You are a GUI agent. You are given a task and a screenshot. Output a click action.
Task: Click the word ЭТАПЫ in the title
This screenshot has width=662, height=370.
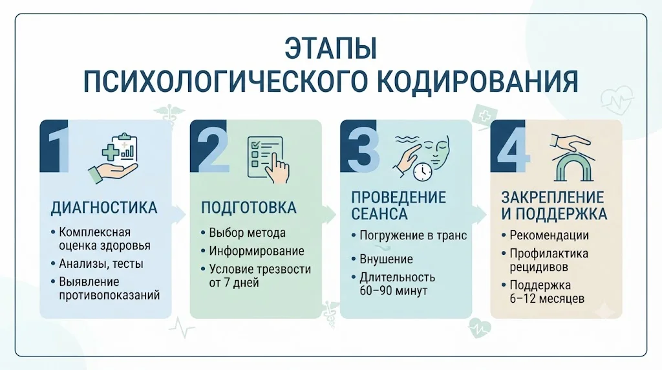tap(330, 49)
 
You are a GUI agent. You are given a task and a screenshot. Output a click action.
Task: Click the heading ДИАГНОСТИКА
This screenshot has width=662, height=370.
tap(104, 208)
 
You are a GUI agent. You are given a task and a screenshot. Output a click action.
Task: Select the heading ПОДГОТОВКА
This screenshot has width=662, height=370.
tap(249, 208)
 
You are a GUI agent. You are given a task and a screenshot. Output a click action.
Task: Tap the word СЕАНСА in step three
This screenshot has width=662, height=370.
tap(379, 213)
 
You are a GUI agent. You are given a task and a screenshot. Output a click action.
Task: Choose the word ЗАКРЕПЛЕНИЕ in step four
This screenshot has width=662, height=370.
tap(553, 197)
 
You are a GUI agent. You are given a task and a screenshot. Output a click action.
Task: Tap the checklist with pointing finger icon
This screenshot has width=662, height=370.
tap(268, 159)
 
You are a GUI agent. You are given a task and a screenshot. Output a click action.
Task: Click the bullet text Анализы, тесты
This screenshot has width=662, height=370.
tap(101, 264)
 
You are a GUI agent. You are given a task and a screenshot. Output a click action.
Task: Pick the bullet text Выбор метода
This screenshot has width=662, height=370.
tap(248, 233)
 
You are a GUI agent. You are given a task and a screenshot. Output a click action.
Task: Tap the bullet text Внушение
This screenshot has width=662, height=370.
tap(387, 259)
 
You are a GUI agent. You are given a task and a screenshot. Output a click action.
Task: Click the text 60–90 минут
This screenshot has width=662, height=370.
tap(394, 291)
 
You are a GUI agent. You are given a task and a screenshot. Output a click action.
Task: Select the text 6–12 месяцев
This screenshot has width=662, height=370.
tap(547, 299)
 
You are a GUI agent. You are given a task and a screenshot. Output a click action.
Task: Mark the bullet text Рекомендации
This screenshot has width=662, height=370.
tap(550, 235)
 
